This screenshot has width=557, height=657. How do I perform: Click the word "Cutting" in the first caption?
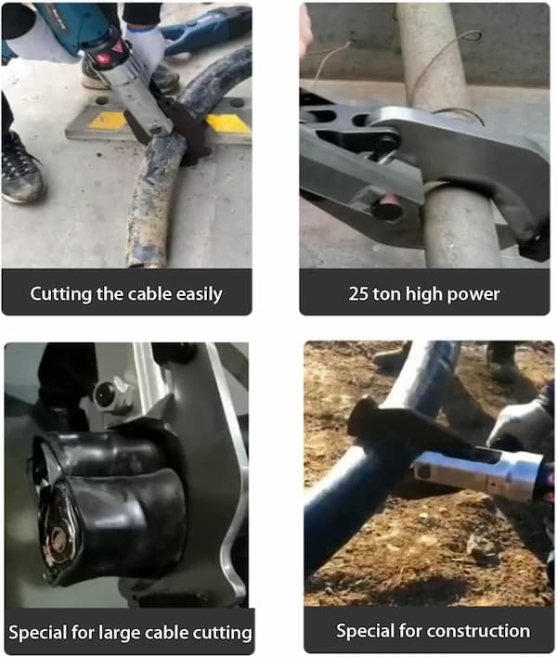coord(60,294)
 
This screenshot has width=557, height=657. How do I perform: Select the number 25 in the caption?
coord(358,294)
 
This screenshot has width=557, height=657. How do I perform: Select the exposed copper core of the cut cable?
coord(58,540)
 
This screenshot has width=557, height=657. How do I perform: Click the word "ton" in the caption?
coord(386,294)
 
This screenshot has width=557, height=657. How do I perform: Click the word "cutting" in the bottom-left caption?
coord(226,633)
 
